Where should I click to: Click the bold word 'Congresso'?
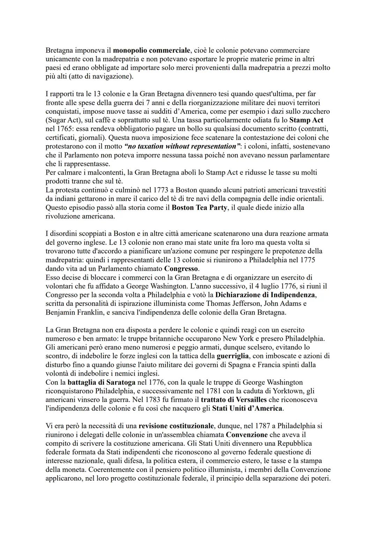pos(181,269)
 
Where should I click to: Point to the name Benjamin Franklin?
pos(74,312)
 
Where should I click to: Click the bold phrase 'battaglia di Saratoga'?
pos(92,382)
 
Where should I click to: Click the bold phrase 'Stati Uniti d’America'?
pos(247,408)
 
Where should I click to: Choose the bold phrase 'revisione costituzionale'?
pos(176,426)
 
